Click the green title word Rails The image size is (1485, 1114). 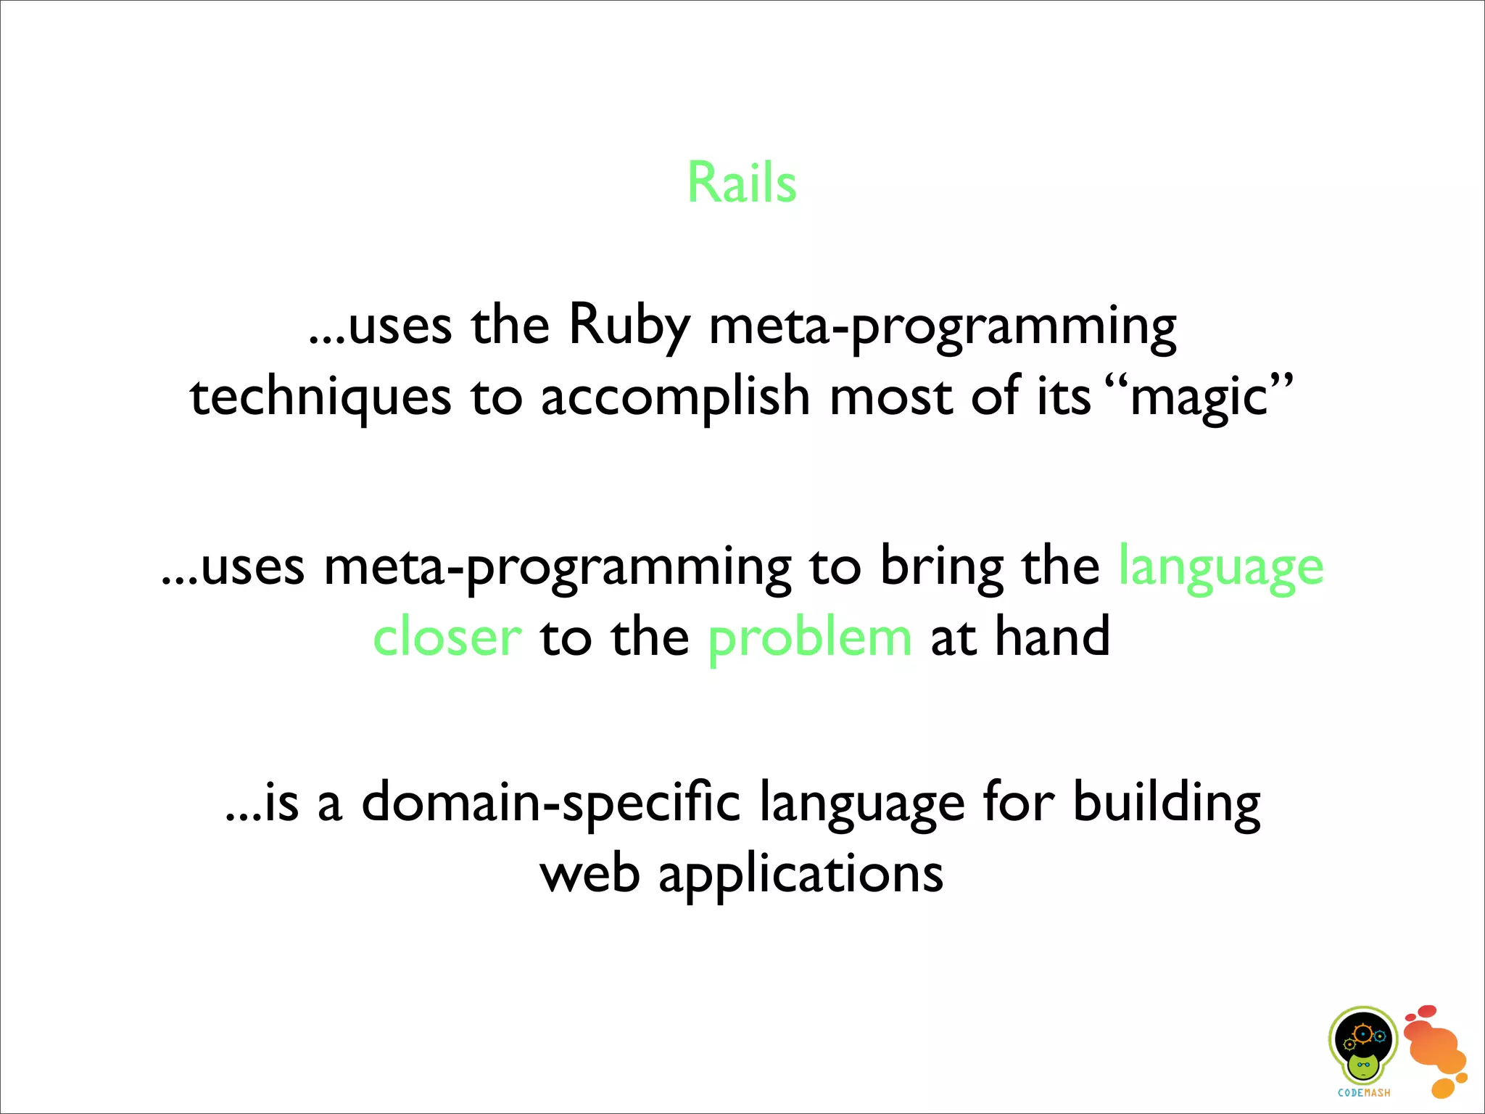pos(741,183)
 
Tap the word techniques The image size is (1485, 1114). pos(320,398)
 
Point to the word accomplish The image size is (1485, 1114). pos(675,398)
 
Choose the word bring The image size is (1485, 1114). pos(942,566)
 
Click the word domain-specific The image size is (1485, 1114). pos(551,803)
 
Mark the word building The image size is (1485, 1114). pos(1167,803)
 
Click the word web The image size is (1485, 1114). pos(590,874)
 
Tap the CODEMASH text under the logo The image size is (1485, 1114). pos(1364,1093)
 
